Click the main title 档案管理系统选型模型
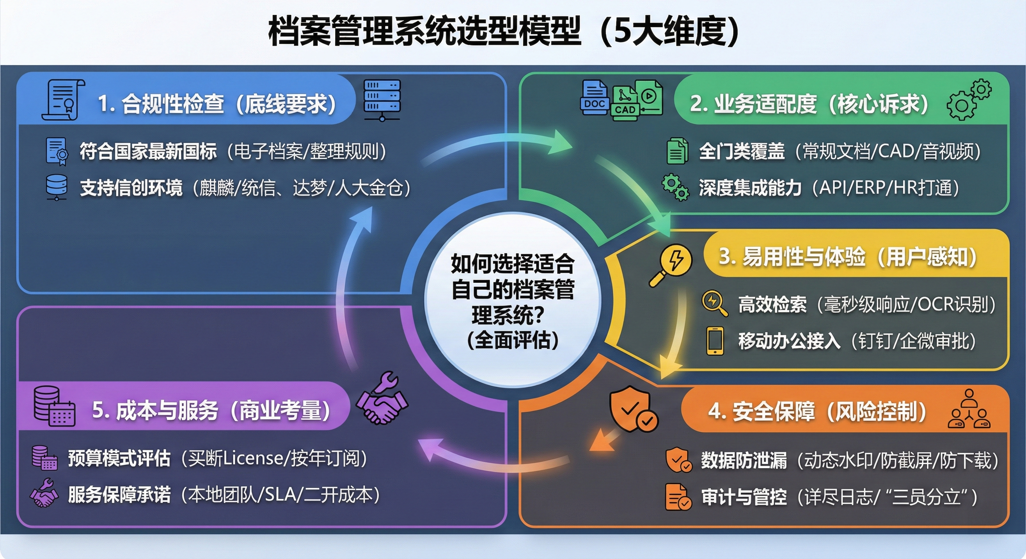pyautogui.click(x=424, y=31)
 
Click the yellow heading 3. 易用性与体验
pyautogui.click(x=792, y=257)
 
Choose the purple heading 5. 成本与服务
pyautogui.click(x=155, y=410)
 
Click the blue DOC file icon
pyautogui.click(x=595, y=98)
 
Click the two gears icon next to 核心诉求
pyautogui.click(x=969, y=99)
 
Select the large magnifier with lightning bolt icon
pyautogui.click(x=670, y=264)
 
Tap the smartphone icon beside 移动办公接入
pyautogui.click(x=715, y=341)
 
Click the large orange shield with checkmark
pyautogui.click(x=634, y=409)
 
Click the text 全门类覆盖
pyautogui.click(x=741, y=151)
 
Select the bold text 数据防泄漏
pyautogui.click(x=744, y=460)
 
